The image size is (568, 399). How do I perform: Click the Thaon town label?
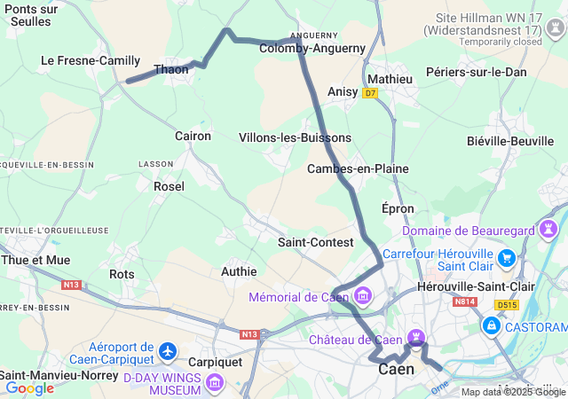point(171,69)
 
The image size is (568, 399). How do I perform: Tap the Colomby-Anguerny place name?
point(300,49)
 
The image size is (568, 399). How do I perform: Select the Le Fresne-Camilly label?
point(91,60)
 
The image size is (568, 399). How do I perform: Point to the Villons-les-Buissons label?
point(295,137)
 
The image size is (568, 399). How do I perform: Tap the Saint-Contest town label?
point(316,242)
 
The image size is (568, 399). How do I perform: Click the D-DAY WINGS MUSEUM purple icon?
point(214,383)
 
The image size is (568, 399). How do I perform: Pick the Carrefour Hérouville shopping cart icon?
point(507,258)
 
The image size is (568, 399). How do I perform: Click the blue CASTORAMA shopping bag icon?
point(491,327)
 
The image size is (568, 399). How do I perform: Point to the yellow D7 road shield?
point(370,92)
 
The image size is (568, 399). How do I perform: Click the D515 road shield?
point(507,305)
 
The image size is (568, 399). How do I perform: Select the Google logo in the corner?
point(29,387)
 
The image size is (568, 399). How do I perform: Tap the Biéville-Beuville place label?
point(509,140)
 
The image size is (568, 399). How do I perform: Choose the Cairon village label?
point(193,136)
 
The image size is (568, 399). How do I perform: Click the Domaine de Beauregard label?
point(468,231)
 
